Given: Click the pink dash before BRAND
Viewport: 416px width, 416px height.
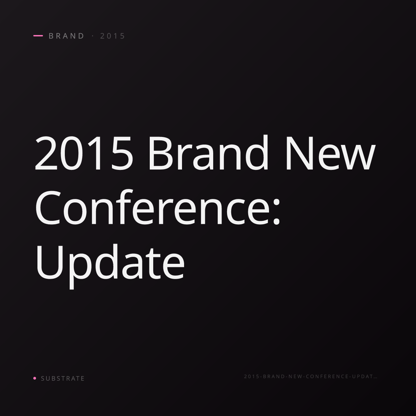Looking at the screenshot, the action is click(x=38, y=36).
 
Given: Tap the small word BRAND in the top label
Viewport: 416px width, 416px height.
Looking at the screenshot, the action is click(x=66, y=36).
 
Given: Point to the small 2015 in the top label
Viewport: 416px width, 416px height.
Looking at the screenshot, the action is click(x=112, y=36).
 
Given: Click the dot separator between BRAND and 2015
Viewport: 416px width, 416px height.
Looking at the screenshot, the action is click(x=93, y=36).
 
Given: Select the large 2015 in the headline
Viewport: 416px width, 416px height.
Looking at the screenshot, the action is click(x=84, y=153).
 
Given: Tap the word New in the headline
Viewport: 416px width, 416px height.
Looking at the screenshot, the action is click(x=331, y=153).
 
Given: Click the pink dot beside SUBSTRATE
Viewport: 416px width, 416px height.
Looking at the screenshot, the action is click(x=35, y=378).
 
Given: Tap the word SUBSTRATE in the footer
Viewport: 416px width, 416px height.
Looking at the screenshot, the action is click(x=63, y=379).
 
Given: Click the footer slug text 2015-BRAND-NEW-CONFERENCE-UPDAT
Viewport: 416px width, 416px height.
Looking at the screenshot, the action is click(x=309, y=376).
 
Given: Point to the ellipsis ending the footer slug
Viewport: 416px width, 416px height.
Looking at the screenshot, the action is click(x=375, y=378).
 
